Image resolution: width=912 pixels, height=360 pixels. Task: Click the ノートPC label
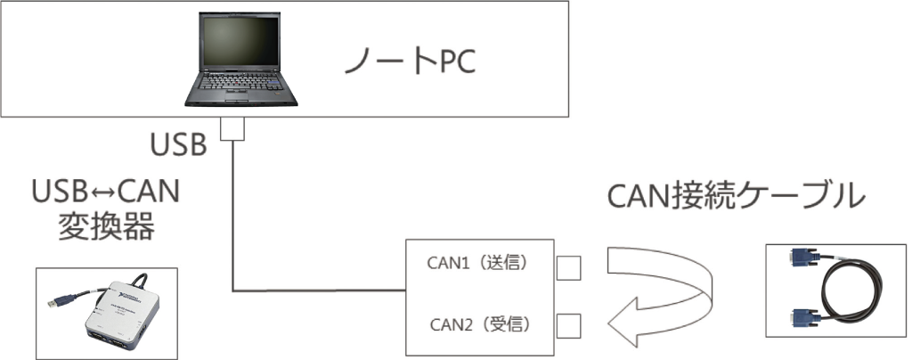(x=411, y=61)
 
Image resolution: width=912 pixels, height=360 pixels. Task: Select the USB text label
(x=178, y=143)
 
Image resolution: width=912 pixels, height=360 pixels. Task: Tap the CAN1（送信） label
(x=478, y=263)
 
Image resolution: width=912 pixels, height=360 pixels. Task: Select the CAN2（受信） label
(x=478, y=323)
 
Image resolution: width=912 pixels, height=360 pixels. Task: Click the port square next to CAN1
(x=568, y=266)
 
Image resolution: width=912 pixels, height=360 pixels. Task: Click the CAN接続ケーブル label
(x=736, y=195)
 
